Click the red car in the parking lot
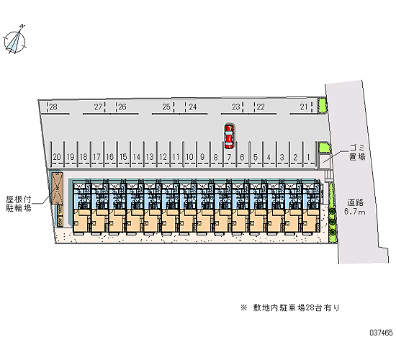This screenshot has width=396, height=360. (x=229, y=136)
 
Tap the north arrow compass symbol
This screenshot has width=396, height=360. (x=15, y=40)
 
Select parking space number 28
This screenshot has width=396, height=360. (x=53, y=107)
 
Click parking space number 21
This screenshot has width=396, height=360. (x=304, y=107)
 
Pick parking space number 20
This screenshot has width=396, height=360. (x=57, y=157)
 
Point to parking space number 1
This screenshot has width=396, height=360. (x=308, y=157)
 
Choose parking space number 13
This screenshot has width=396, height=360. (x=150, y=157)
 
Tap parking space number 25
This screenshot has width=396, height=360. (x=166, y=107)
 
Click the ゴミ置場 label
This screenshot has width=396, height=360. (x=357, y=152)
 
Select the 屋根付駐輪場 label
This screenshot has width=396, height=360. (x=19, y=204)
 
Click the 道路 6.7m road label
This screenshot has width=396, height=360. (x=355, y=207)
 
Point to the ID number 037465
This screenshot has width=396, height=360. (x=382, y=333)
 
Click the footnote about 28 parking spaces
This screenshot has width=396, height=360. (x=290, y=307)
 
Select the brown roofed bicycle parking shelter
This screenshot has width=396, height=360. (x=57, y=188)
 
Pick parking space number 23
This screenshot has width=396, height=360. (x=236, y=107)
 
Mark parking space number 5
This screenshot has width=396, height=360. (x=256, y=157)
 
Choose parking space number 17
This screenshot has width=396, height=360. (x=96, y=157)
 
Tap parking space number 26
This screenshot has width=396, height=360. (x=122, y=107)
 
